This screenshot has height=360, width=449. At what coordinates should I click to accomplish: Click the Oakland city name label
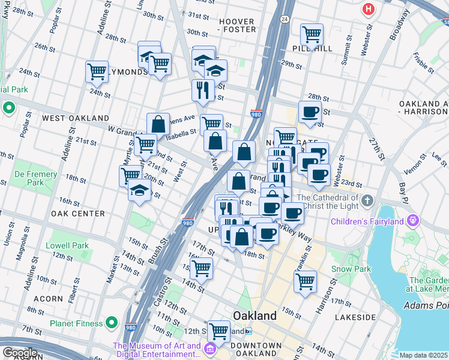pyautogui.click(x=255, y=316)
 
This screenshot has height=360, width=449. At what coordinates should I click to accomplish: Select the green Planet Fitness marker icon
pyautogui.click(x=111, y=323)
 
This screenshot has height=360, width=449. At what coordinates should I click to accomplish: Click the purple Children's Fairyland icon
pyautogui.click(x=412, y=221)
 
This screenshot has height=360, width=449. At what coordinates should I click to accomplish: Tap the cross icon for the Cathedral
pyautogui.click(x=367, y=199)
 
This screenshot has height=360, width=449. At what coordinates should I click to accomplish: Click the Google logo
pyautogui.click(x=19, y=353)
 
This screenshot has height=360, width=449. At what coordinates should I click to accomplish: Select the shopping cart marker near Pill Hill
pyautogui.click(x=312, y=35)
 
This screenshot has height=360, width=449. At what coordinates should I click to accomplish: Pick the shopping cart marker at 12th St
pyautogui.click(x=219, y=330)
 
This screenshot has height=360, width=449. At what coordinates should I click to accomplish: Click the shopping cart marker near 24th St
pyautogui.click(x=97, y=71)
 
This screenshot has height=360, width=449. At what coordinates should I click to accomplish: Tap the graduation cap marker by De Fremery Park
pyautogui.click(x=140, y=191)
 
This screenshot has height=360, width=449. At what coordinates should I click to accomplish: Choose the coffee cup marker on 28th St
pyautogui.click(x=310, y=112)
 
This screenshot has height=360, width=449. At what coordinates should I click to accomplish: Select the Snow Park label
pyautogui.click(x=351, y=269)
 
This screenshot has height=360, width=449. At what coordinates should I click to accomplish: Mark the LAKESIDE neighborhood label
pyautogui.click(x=356, y=316)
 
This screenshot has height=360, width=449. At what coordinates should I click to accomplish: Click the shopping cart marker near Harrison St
pyautogui.click(x=305, y=280)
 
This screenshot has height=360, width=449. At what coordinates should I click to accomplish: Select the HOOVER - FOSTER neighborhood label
pyautogui.click(x=237, y=25)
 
